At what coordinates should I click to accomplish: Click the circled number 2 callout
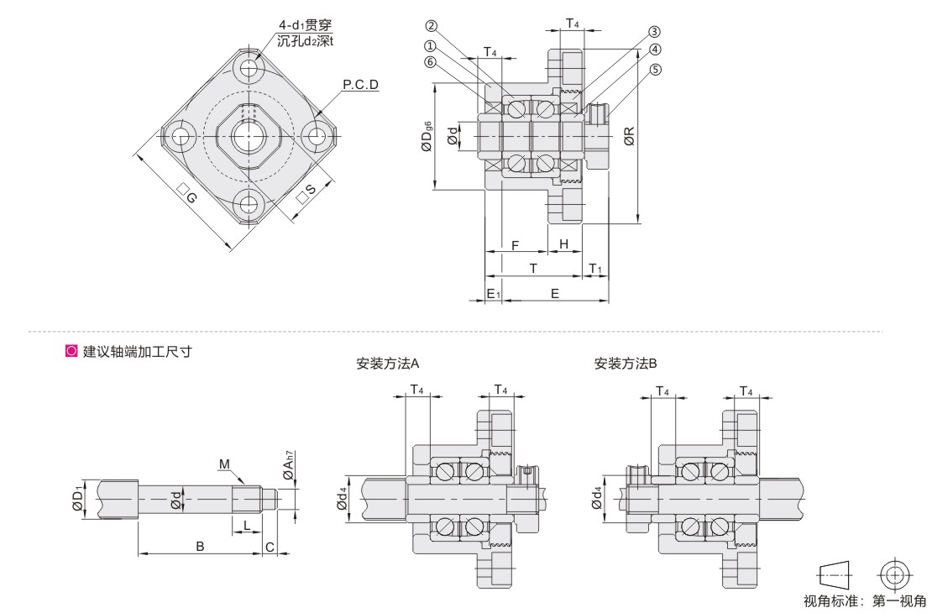[432, 25]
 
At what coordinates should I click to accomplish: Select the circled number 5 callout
[655, 70]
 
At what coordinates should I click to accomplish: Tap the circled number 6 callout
[431, 62]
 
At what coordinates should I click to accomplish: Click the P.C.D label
[361, 85]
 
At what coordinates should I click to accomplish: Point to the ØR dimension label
[629, 136]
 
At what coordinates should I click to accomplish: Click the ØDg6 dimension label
[427, 136]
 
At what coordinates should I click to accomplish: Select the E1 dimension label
[494, 294]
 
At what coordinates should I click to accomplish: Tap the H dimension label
[564, 244]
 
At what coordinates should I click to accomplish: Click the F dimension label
[516, 245]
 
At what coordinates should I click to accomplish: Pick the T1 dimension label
[595, 270]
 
